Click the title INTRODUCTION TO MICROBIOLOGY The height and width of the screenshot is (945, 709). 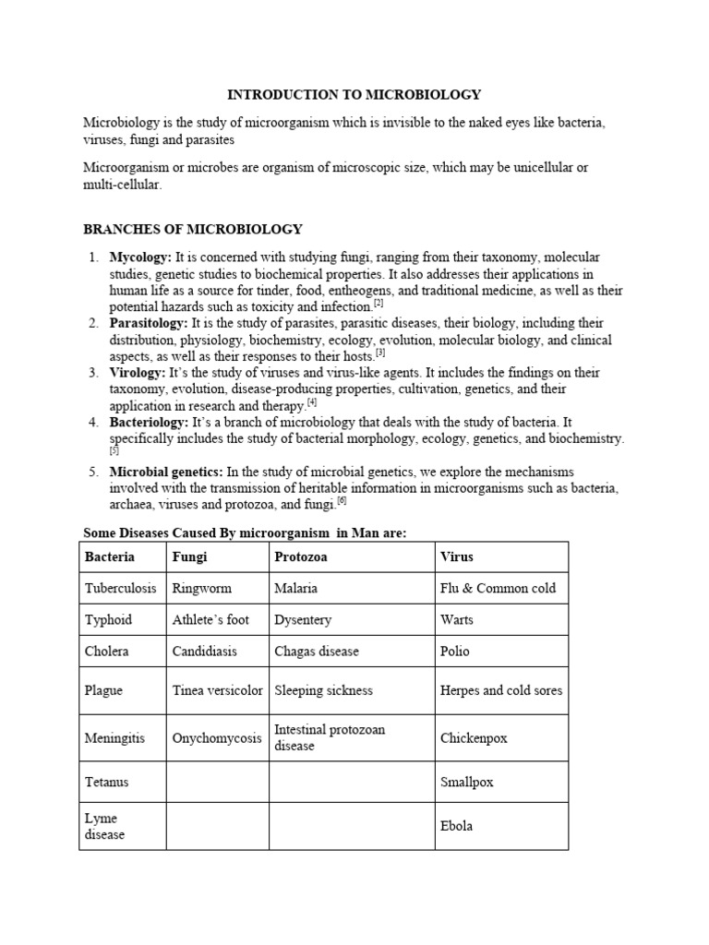pos(354,94)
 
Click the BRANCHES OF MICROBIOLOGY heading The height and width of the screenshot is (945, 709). pos(192,229)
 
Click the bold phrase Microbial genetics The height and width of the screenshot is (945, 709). pos(166,472)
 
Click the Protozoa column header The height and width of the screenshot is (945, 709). pos(301,556)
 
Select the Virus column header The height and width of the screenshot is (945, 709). pos(457,556)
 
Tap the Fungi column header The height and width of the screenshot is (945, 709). pos(189,556)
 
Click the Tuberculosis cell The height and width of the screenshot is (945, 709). pos(121,588)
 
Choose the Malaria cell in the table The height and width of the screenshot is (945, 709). pos(295,588)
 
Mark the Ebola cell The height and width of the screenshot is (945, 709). pos(457,826)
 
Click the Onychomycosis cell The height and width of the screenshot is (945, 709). pos(216,738)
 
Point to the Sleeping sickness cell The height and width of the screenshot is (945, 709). pos(323,690)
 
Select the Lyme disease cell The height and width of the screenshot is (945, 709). pos(104,826)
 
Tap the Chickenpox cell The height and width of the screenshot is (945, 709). pos(474,738)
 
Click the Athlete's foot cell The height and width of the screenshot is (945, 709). pos(210,619)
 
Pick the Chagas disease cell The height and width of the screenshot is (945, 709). pos(317,651)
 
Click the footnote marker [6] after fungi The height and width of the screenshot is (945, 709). pos(342,501)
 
